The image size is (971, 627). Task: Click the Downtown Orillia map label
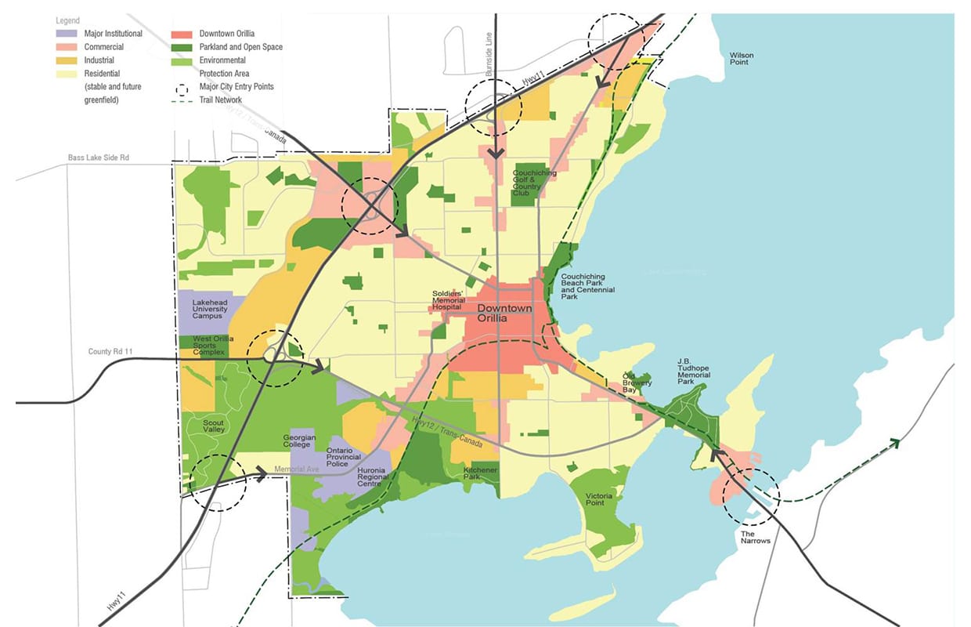[504, 313]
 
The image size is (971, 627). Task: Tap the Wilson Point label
[742, 59]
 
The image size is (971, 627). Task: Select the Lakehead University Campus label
[210, 309]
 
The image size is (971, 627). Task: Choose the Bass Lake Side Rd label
[98, 158]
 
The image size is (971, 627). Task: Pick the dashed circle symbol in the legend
[184, 87]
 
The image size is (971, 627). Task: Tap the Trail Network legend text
[221, 100]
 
